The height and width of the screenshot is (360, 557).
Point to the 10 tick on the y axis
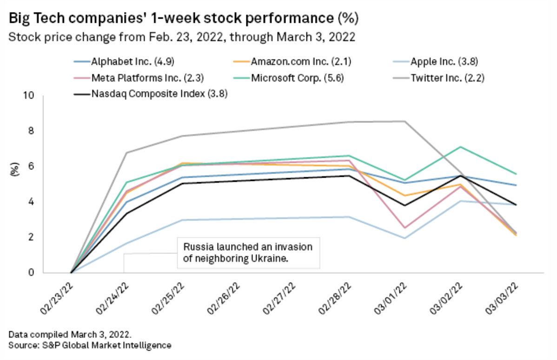[x=29, y=96]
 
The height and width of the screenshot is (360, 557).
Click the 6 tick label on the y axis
[x=32, y=167]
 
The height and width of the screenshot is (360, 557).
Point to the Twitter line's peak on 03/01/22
[x=404, y=121]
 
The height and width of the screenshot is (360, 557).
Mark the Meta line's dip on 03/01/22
[x=404, y=228]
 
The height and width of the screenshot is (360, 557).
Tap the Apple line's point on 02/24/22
[x=126, y=243]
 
